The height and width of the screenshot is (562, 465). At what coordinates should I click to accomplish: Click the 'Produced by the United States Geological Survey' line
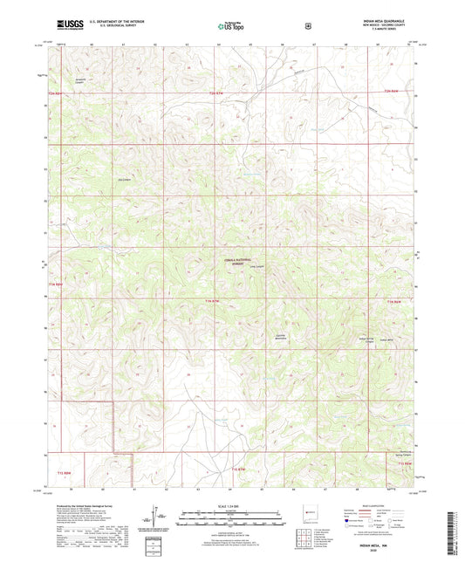tap(81, 504)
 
